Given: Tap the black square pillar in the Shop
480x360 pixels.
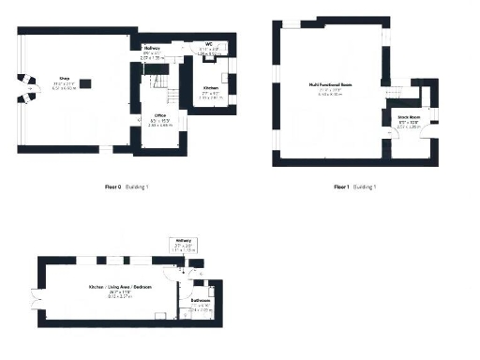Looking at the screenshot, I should (x=86, y=83).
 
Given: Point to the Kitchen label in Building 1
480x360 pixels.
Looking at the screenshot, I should (x=212, y=87).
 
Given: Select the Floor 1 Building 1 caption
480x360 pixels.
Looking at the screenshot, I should (x=354, y=187).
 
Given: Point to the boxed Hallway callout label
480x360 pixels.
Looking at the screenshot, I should (x=184, y=241).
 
